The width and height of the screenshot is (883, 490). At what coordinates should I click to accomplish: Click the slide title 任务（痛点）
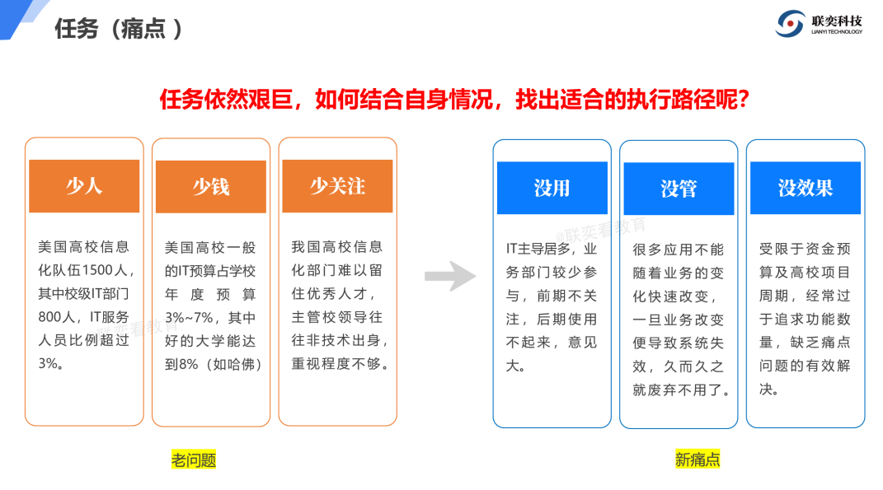[x=119, y=29]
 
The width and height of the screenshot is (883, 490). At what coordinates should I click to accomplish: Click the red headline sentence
[x=454, y=100]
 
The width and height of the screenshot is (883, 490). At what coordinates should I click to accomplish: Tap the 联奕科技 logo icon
[x=790, y=24]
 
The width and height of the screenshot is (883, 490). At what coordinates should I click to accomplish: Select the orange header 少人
[x=84, y=185]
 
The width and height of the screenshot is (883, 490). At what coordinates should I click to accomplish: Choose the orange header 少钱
[x=211, y=187]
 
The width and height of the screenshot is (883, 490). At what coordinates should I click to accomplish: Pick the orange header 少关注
[x=338, y=185]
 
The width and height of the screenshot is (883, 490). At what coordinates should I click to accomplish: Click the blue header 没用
[x=552, y=188]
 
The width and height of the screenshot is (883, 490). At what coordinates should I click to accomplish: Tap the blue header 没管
[x=679, y=189]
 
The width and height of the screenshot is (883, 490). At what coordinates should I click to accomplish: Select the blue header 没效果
[x=806, y=188]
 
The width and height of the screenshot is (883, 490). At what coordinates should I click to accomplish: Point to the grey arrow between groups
[x=450, y=276]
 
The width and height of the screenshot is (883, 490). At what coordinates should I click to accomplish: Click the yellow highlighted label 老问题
[x=194, y=460]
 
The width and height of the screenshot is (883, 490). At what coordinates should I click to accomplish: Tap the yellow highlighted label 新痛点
[x=697, y=460]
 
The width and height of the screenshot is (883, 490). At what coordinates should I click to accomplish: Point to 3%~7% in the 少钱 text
[x=190, y=318]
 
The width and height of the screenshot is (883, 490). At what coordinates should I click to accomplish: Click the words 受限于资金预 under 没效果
[x=805, y=249]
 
